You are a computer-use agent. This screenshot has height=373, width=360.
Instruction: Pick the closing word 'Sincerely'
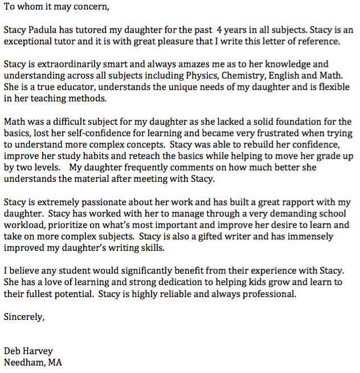[x=23, y=317]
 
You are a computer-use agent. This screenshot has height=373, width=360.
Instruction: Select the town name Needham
[x=23, y=362]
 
